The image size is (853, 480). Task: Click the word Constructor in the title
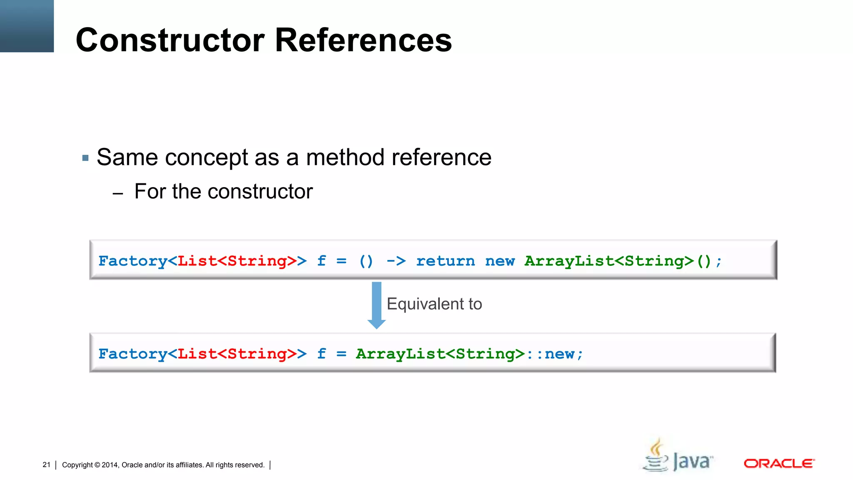[x=170, y=40]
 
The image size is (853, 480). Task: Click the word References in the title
[x=363, y=40]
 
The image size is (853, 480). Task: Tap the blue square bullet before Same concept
[x=85, y=158]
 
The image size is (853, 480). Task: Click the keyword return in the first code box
[x=445, y=261]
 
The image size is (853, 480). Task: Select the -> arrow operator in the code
[x=396, y=261]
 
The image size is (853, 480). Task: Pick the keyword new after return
[x=500, y=261]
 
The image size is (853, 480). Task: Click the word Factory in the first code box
[x=132, y=261]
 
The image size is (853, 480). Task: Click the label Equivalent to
[x=434, y=304]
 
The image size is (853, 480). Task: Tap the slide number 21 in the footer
[x=46, y=465]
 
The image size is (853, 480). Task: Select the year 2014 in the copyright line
[x=110, y=465]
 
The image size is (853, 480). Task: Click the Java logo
[x=678, y=456]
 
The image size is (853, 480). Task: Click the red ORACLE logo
[x=779, y=463]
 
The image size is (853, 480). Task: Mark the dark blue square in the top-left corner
[x=27, y=26]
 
